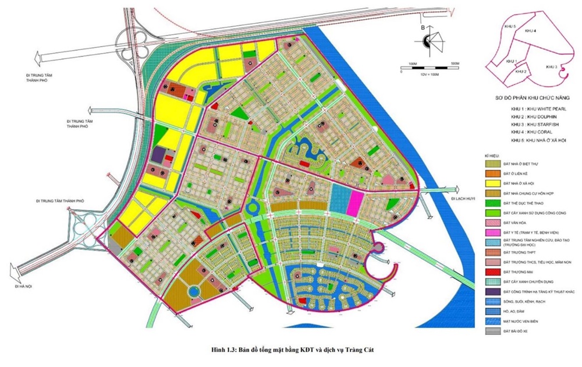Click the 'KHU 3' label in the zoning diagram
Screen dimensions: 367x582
pos(552,68)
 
